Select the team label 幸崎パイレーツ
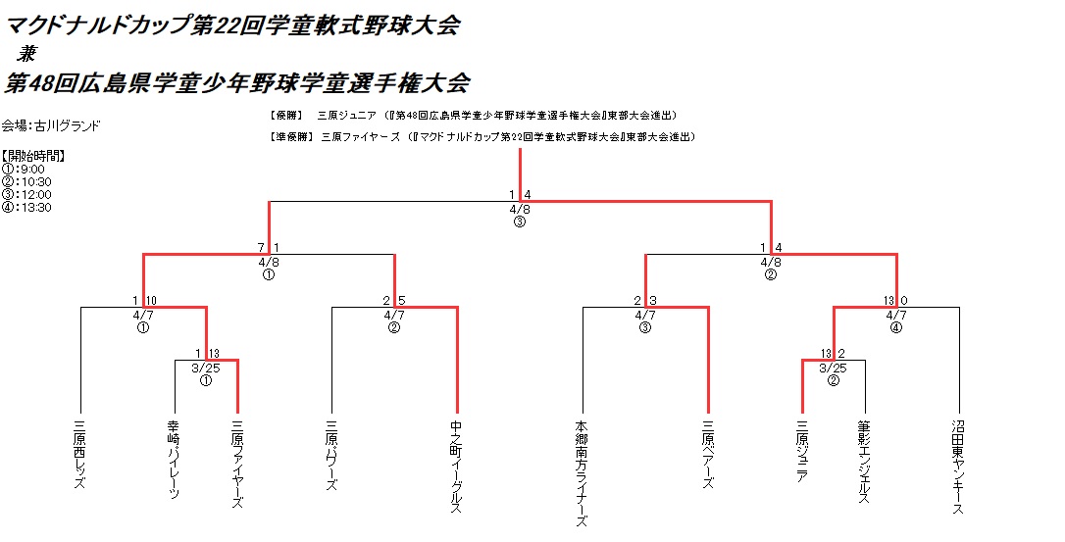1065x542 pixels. pos(175,461)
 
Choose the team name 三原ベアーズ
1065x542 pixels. pos(708,455)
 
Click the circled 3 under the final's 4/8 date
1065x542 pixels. pos(520,222)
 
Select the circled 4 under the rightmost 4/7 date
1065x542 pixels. pos(895,328)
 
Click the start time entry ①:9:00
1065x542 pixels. pos(24,169)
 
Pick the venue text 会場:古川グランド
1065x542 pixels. pos(51,125)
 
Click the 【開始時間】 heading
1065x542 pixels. pos(33,156)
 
